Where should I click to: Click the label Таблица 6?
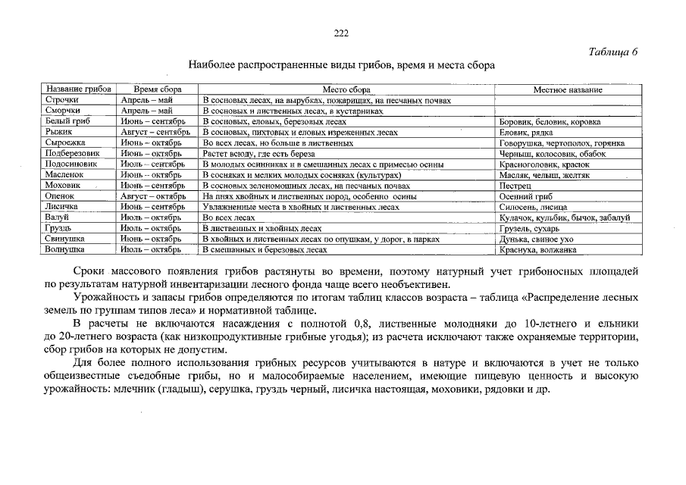point(613,52)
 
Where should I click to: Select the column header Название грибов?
point(77,89)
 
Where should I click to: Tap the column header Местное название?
point(568,89)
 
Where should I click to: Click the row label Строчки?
point(62,100)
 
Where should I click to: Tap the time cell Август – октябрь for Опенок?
point(153,196)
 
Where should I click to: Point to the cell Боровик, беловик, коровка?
point(550,121)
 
